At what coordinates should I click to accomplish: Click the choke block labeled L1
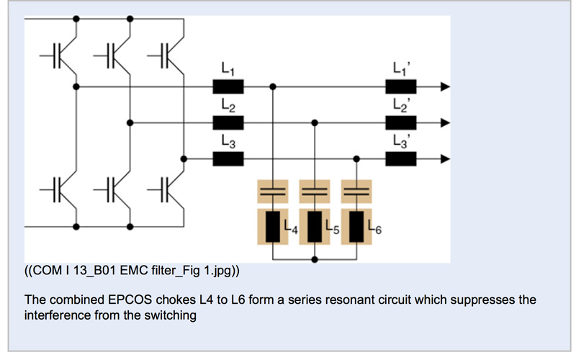[x=229, y=87]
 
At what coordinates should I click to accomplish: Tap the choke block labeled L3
[x=229, y=158]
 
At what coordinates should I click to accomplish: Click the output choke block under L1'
[x=401, y=87]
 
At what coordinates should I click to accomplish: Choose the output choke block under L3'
[x=401, y=158]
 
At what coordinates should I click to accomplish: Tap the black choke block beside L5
[x=315, y=227]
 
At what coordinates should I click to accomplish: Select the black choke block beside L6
[x=356, y=227]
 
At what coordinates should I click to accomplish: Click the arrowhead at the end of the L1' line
[x=446, y=87]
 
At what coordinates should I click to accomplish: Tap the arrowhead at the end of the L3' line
[x=446, y=158]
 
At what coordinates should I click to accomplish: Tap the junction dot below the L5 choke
[x=315, y=258]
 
